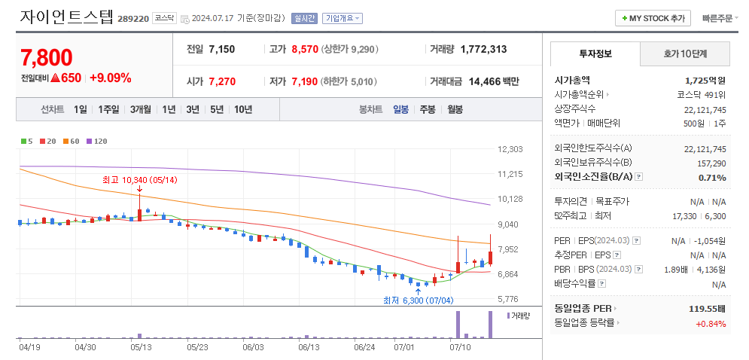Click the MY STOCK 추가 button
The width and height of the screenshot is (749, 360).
pos(653,18)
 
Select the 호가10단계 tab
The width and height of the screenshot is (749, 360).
pos(684,53)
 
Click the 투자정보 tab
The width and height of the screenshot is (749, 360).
pos(595,53)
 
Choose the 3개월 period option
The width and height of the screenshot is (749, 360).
pos(141,109)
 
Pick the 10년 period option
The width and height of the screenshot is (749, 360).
pos(242,109)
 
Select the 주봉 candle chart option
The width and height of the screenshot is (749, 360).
pos(428,109)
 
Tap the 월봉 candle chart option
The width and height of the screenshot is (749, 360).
pos(455,109)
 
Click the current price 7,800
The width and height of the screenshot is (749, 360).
pos(47,58)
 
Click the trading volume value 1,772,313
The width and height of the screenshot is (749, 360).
pos(483,49)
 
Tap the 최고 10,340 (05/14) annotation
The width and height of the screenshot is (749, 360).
pos(139,180)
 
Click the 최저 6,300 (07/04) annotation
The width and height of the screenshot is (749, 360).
pos(419,300)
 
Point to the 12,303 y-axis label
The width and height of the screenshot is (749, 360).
pos(510,149)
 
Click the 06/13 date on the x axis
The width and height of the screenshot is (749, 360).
pos(309,348)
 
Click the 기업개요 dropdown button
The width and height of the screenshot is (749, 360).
pos(342,18)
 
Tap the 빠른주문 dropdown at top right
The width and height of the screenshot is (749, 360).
pos(720,18)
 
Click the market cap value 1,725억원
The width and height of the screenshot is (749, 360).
pos(705,80)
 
